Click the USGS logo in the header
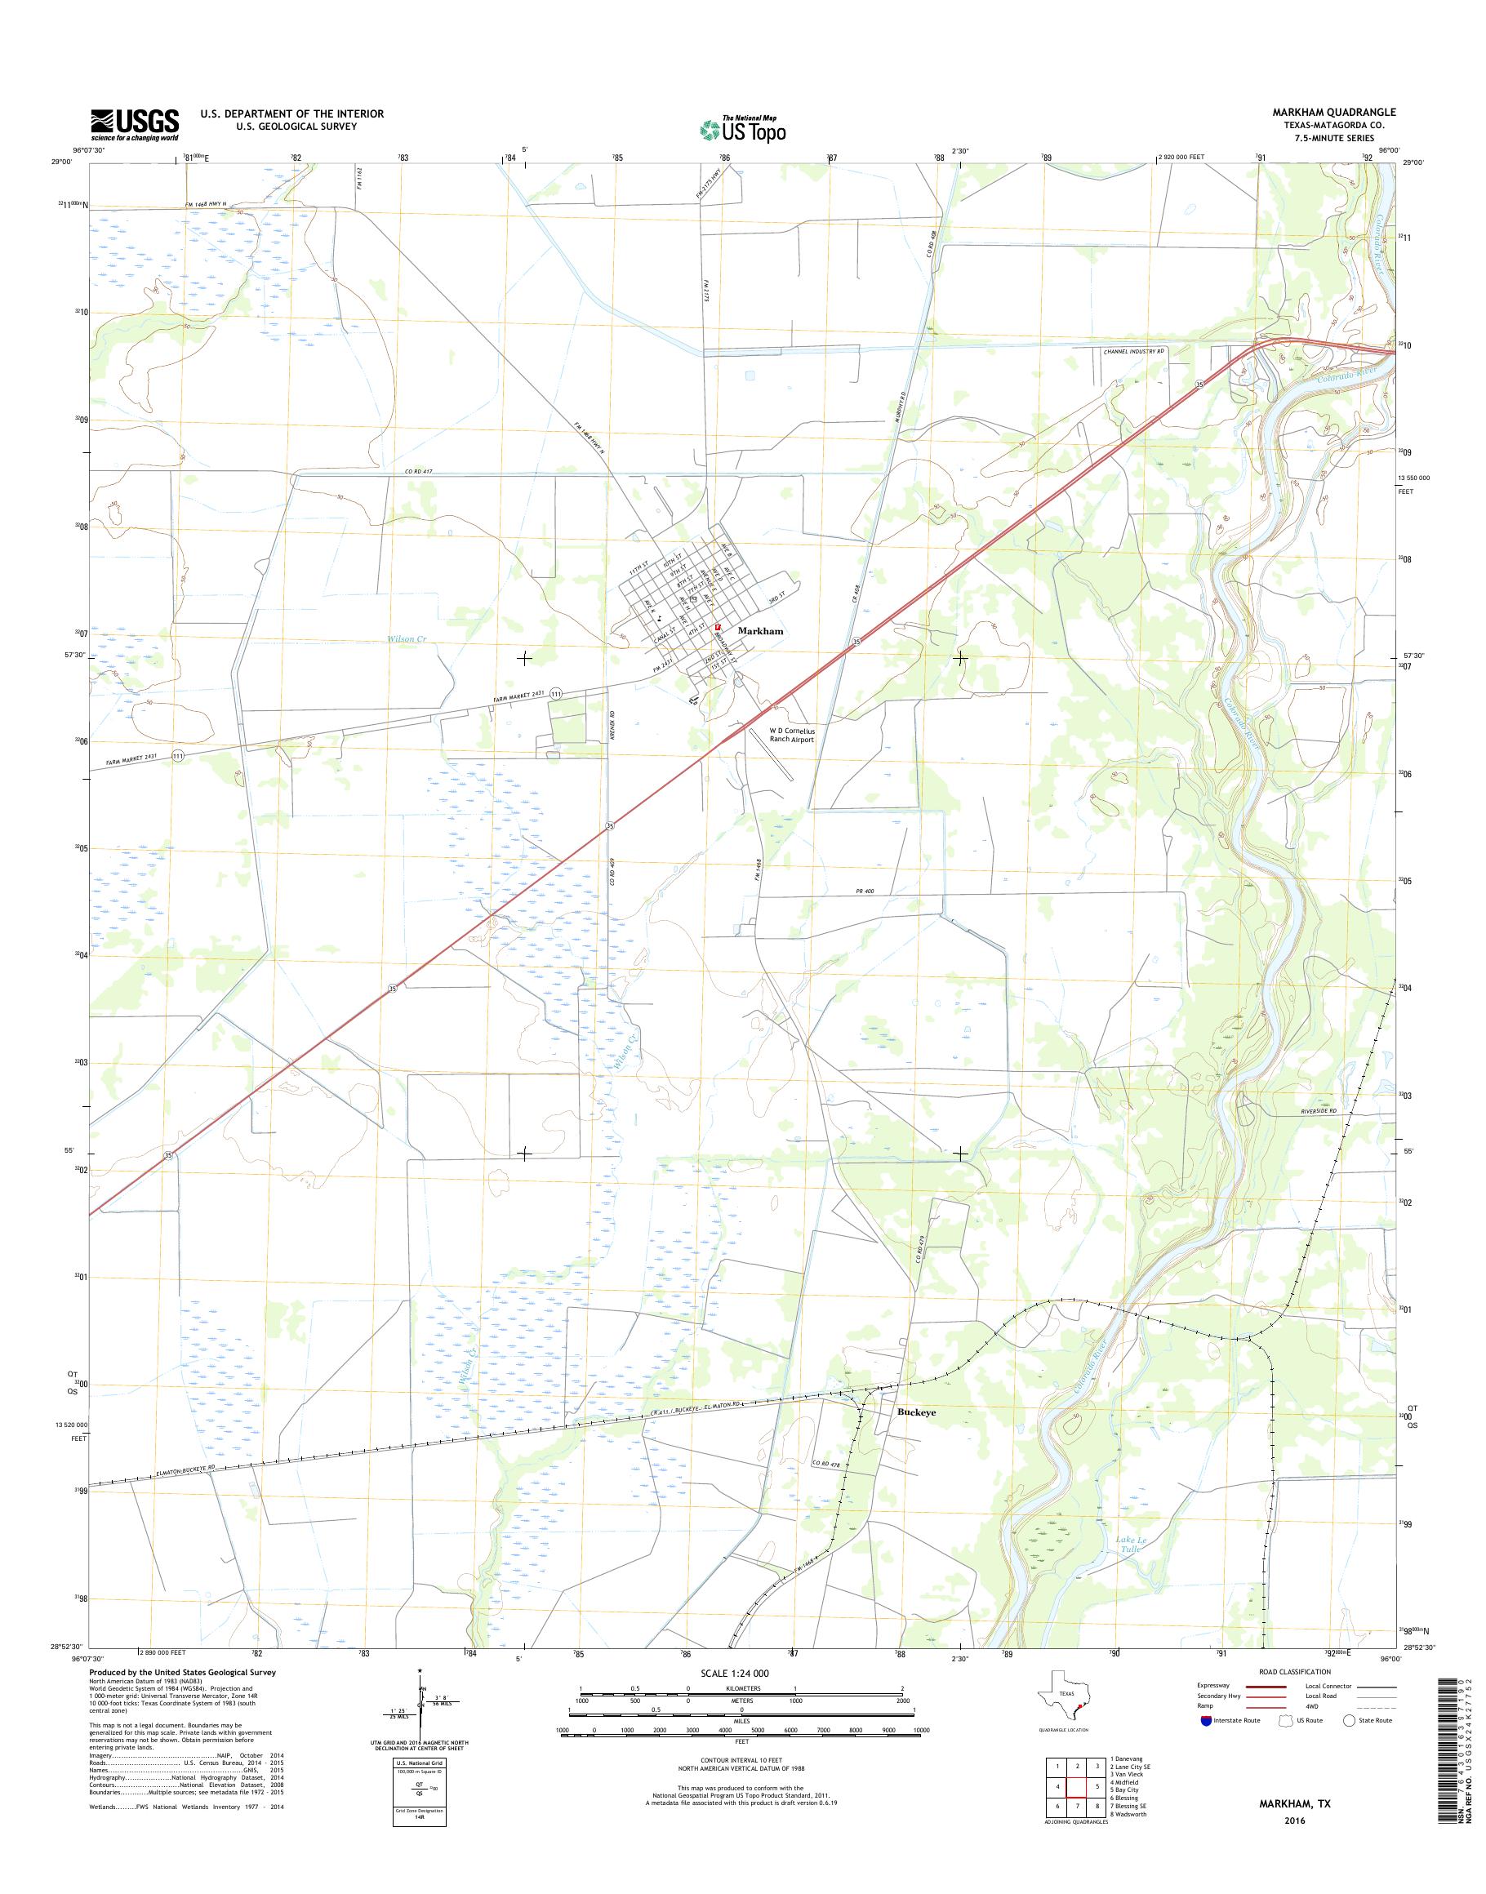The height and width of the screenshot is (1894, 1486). click(135, 124)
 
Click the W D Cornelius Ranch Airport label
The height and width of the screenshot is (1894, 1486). click(791, 736)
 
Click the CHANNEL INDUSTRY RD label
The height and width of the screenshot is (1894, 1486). click(1132, 350)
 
